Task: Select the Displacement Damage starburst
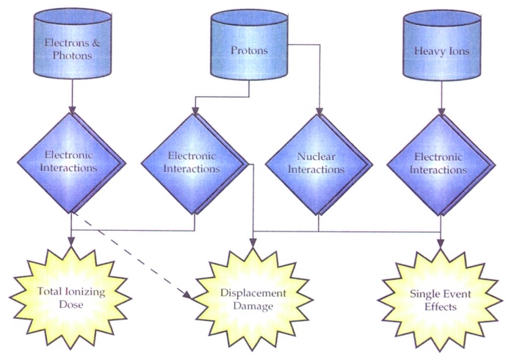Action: [x=252, y=297]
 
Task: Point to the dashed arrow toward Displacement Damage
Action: [x=132, y=258]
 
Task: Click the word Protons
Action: [x=248, y=51]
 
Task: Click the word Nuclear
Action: [x=317, y=157]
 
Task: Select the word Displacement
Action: [x=252, y=292]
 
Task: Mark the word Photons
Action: [x=70, y=54]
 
